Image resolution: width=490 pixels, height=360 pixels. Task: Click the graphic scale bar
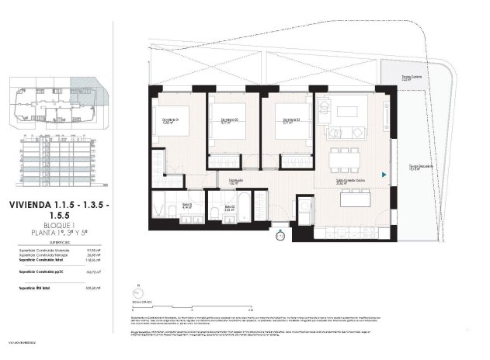coord(163,303)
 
